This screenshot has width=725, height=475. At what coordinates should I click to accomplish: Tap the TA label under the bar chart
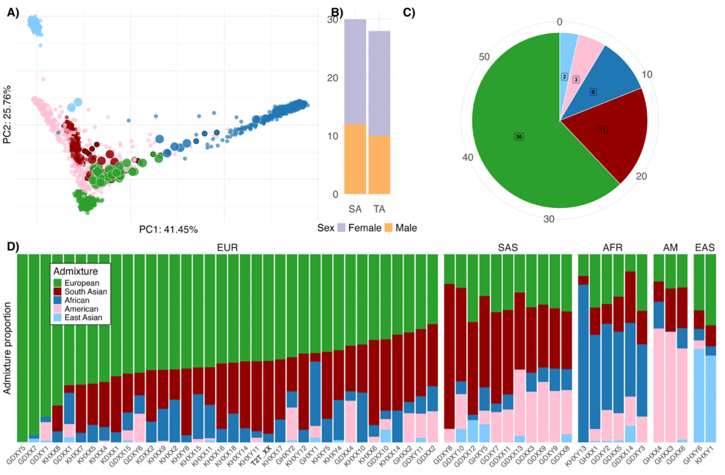pyautogui.click(x=379, y=209)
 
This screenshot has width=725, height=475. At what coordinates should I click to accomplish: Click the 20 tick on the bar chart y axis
pyautogui.click(x=333, y=78)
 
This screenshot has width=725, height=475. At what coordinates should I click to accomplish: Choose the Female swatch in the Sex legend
pyautogui.click(x=341, y=228)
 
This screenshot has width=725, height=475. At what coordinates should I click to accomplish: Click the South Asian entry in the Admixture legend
pyautogui.click(x=86, y=292)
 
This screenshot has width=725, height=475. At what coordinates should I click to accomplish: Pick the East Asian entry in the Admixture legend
pyautogui.click(x=83, y=317)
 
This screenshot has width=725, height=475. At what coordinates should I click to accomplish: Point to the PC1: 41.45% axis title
pyautogui.click(x=168, y=230)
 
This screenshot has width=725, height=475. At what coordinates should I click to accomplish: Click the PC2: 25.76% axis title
pyautogui.click(x=7, y=114)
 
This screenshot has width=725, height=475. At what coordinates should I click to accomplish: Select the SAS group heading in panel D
pyautogui.click(x=508, y=248)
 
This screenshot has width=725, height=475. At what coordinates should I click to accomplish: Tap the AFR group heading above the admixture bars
pyautogui.click(x=612, y=248)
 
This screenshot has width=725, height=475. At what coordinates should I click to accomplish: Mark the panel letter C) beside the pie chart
pyautogui.click(x=409, y=13)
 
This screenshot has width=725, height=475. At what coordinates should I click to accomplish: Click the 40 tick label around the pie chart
pyautogui.click(x=468, y=158)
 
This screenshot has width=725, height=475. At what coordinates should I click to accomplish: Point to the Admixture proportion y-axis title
pyautogui.click(x=7, y=348)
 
